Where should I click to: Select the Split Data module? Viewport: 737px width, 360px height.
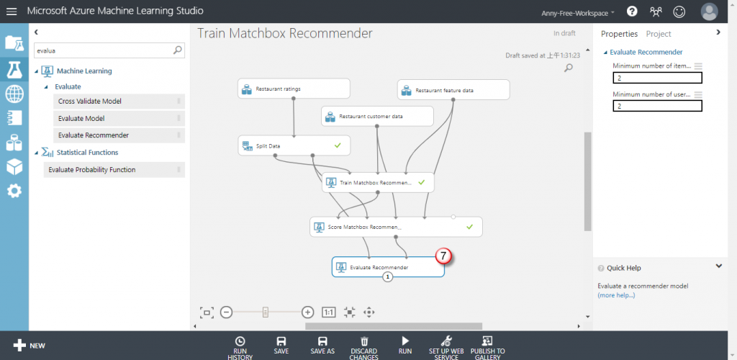(288, 145)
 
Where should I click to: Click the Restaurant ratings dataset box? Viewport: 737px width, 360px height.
(294, 89)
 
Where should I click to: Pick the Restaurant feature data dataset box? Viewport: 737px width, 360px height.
(453, 90)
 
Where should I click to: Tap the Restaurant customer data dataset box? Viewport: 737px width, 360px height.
(377, 116)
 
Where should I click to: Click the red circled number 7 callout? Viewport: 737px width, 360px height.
(444, 255)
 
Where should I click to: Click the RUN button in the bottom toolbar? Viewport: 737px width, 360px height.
(405, 345)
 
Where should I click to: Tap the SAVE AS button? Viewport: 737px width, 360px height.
(322, 345)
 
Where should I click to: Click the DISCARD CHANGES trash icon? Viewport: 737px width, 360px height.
(364, 341)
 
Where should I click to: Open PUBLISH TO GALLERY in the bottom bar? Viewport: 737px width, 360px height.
(487, 345)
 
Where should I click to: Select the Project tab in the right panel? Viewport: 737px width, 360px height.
(659, 34)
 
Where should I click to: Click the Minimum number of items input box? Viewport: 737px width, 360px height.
(657, 78)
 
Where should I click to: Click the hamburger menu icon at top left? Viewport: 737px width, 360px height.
(12, 12)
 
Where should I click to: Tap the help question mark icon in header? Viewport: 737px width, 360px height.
(632, 12)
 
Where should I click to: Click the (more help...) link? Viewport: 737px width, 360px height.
(616, 295)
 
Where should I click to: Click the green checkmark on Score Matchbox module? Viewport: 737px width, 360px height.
(469, 227)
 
